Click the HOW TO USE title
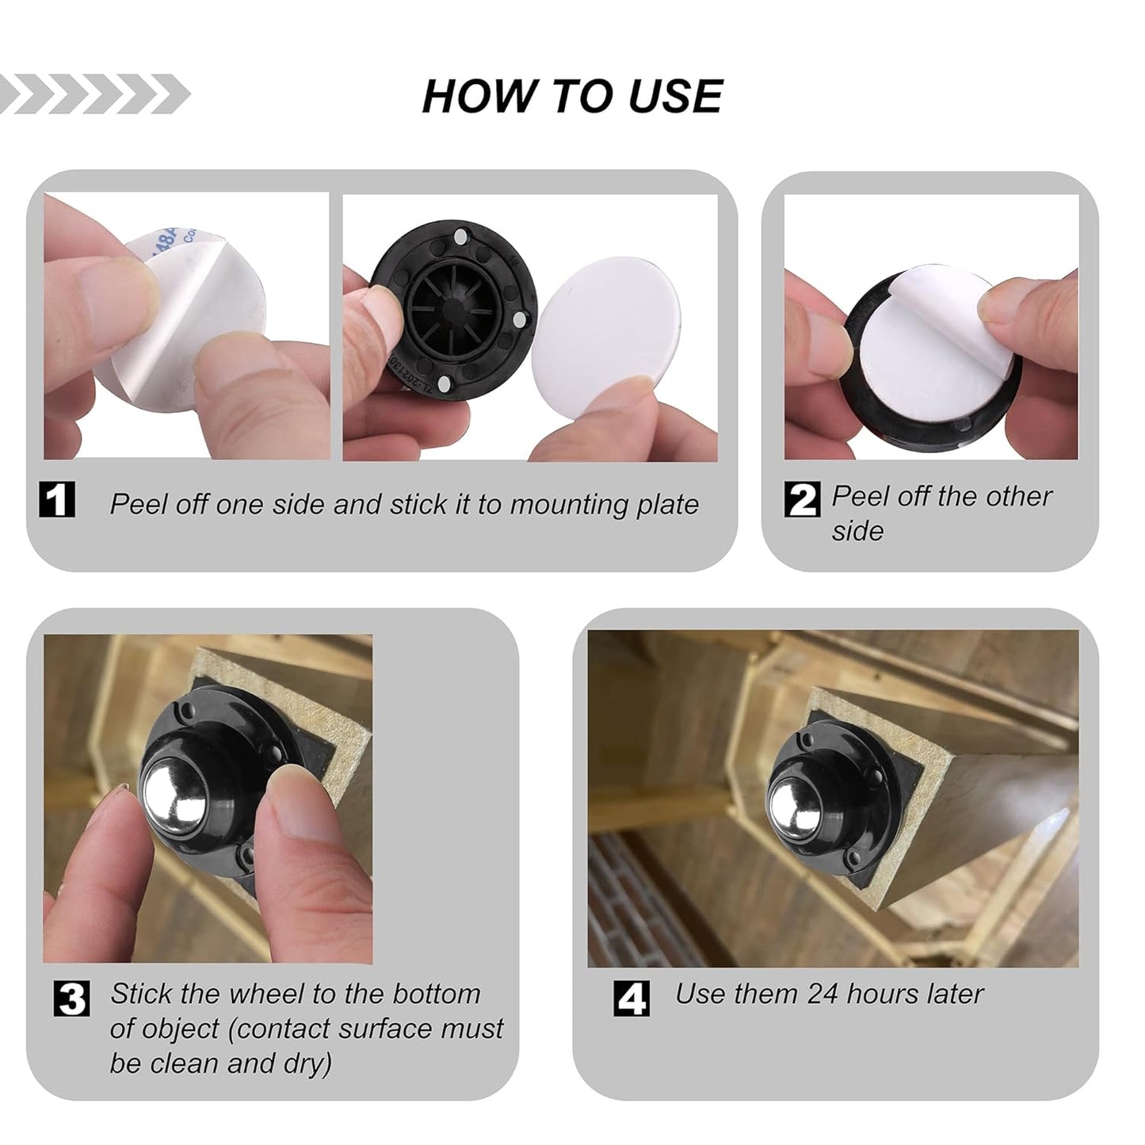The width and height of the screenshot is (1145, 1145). (572, 96)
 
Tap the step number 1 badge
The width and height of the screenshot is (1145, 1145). (57, 499)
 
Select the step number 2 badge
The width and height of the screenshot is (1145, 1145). (802, 499)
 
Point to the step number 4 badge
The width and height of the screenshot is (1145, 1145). (632, 998)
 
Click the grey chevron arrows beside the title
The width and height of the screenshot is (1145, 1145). (95, 94)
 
